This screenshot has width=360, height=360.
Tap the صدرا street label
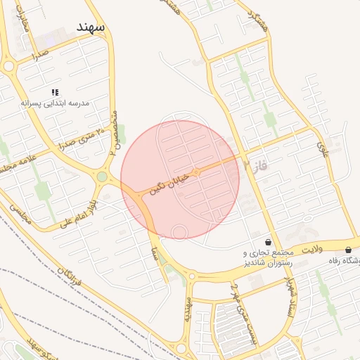pos(39,53)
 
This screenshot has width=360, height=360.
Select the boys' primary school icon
pos(55,92)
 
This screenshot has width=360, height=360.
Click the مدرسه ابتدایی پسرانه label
pos(56,103)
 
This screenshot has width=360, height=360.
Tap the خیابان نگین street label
pos(168,183)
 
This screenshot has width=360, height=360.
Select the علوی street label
pos(323,148)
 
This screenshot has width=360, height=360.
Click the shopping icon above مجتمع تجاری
pos(268,242)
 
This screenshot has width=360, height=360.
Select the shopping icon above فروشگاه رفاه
pos(349,250)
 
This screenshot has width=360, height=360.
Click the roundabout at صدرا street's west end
pos(9,66)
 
